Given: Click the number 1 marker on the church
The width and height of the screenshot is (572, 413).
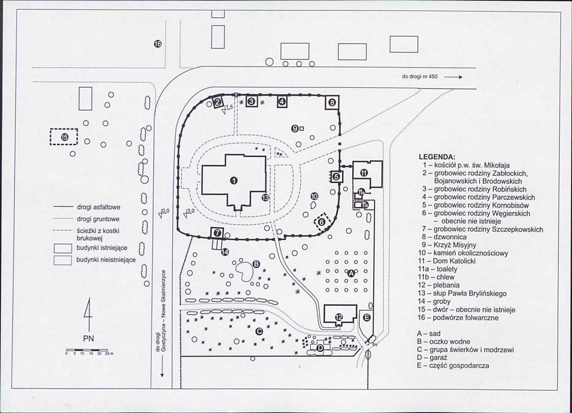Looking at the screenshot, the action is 234,181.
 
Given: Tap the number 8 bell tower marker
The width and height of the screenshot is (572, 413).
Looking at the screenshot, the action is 332,103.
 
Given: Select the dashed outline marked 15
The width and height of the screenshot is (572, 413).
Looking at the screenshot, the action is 64,137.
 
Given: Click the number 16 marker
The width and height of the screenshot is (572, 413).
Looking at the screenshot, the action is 158,44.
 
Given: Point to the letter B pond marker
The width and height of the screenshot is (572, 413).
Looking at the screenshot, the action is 256,264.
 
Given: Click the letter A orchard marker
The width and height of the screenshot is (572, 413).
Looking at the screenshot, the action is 351,274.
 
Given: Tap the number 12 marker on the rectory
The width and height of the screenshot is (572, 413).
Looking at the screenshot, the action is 339,317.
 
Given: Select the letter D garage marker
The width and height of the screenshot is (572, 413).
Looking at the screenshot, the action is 320,348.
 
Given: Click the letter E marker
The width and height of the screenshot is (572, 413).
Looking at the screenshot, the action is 367,318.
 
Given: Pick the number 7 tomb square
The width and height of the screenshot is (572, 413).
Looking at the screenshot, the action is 217,233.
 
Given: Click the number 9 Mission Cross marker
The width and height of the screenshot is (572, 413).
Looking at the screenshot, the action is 295,129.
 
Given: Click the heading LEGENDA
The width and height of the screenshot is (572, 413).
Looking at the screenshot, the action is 437,157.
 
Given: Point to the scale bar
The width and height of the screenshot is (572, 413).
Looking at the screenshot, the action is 87,350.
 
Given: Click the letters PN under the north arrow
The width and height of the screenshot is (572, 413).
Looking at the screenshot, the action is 89,339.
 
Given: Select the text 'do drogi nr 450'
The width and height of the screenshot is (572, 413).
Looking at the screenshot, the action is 419,76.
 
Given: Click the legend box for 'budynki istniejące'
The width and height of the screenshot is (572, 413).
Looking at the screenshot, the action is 62,249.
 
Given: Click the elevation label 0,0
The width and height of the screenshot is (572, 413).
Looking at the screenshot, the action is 165,211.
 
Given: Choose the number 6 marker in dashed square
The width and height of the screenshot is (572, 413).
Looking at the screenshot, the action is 321,222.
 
